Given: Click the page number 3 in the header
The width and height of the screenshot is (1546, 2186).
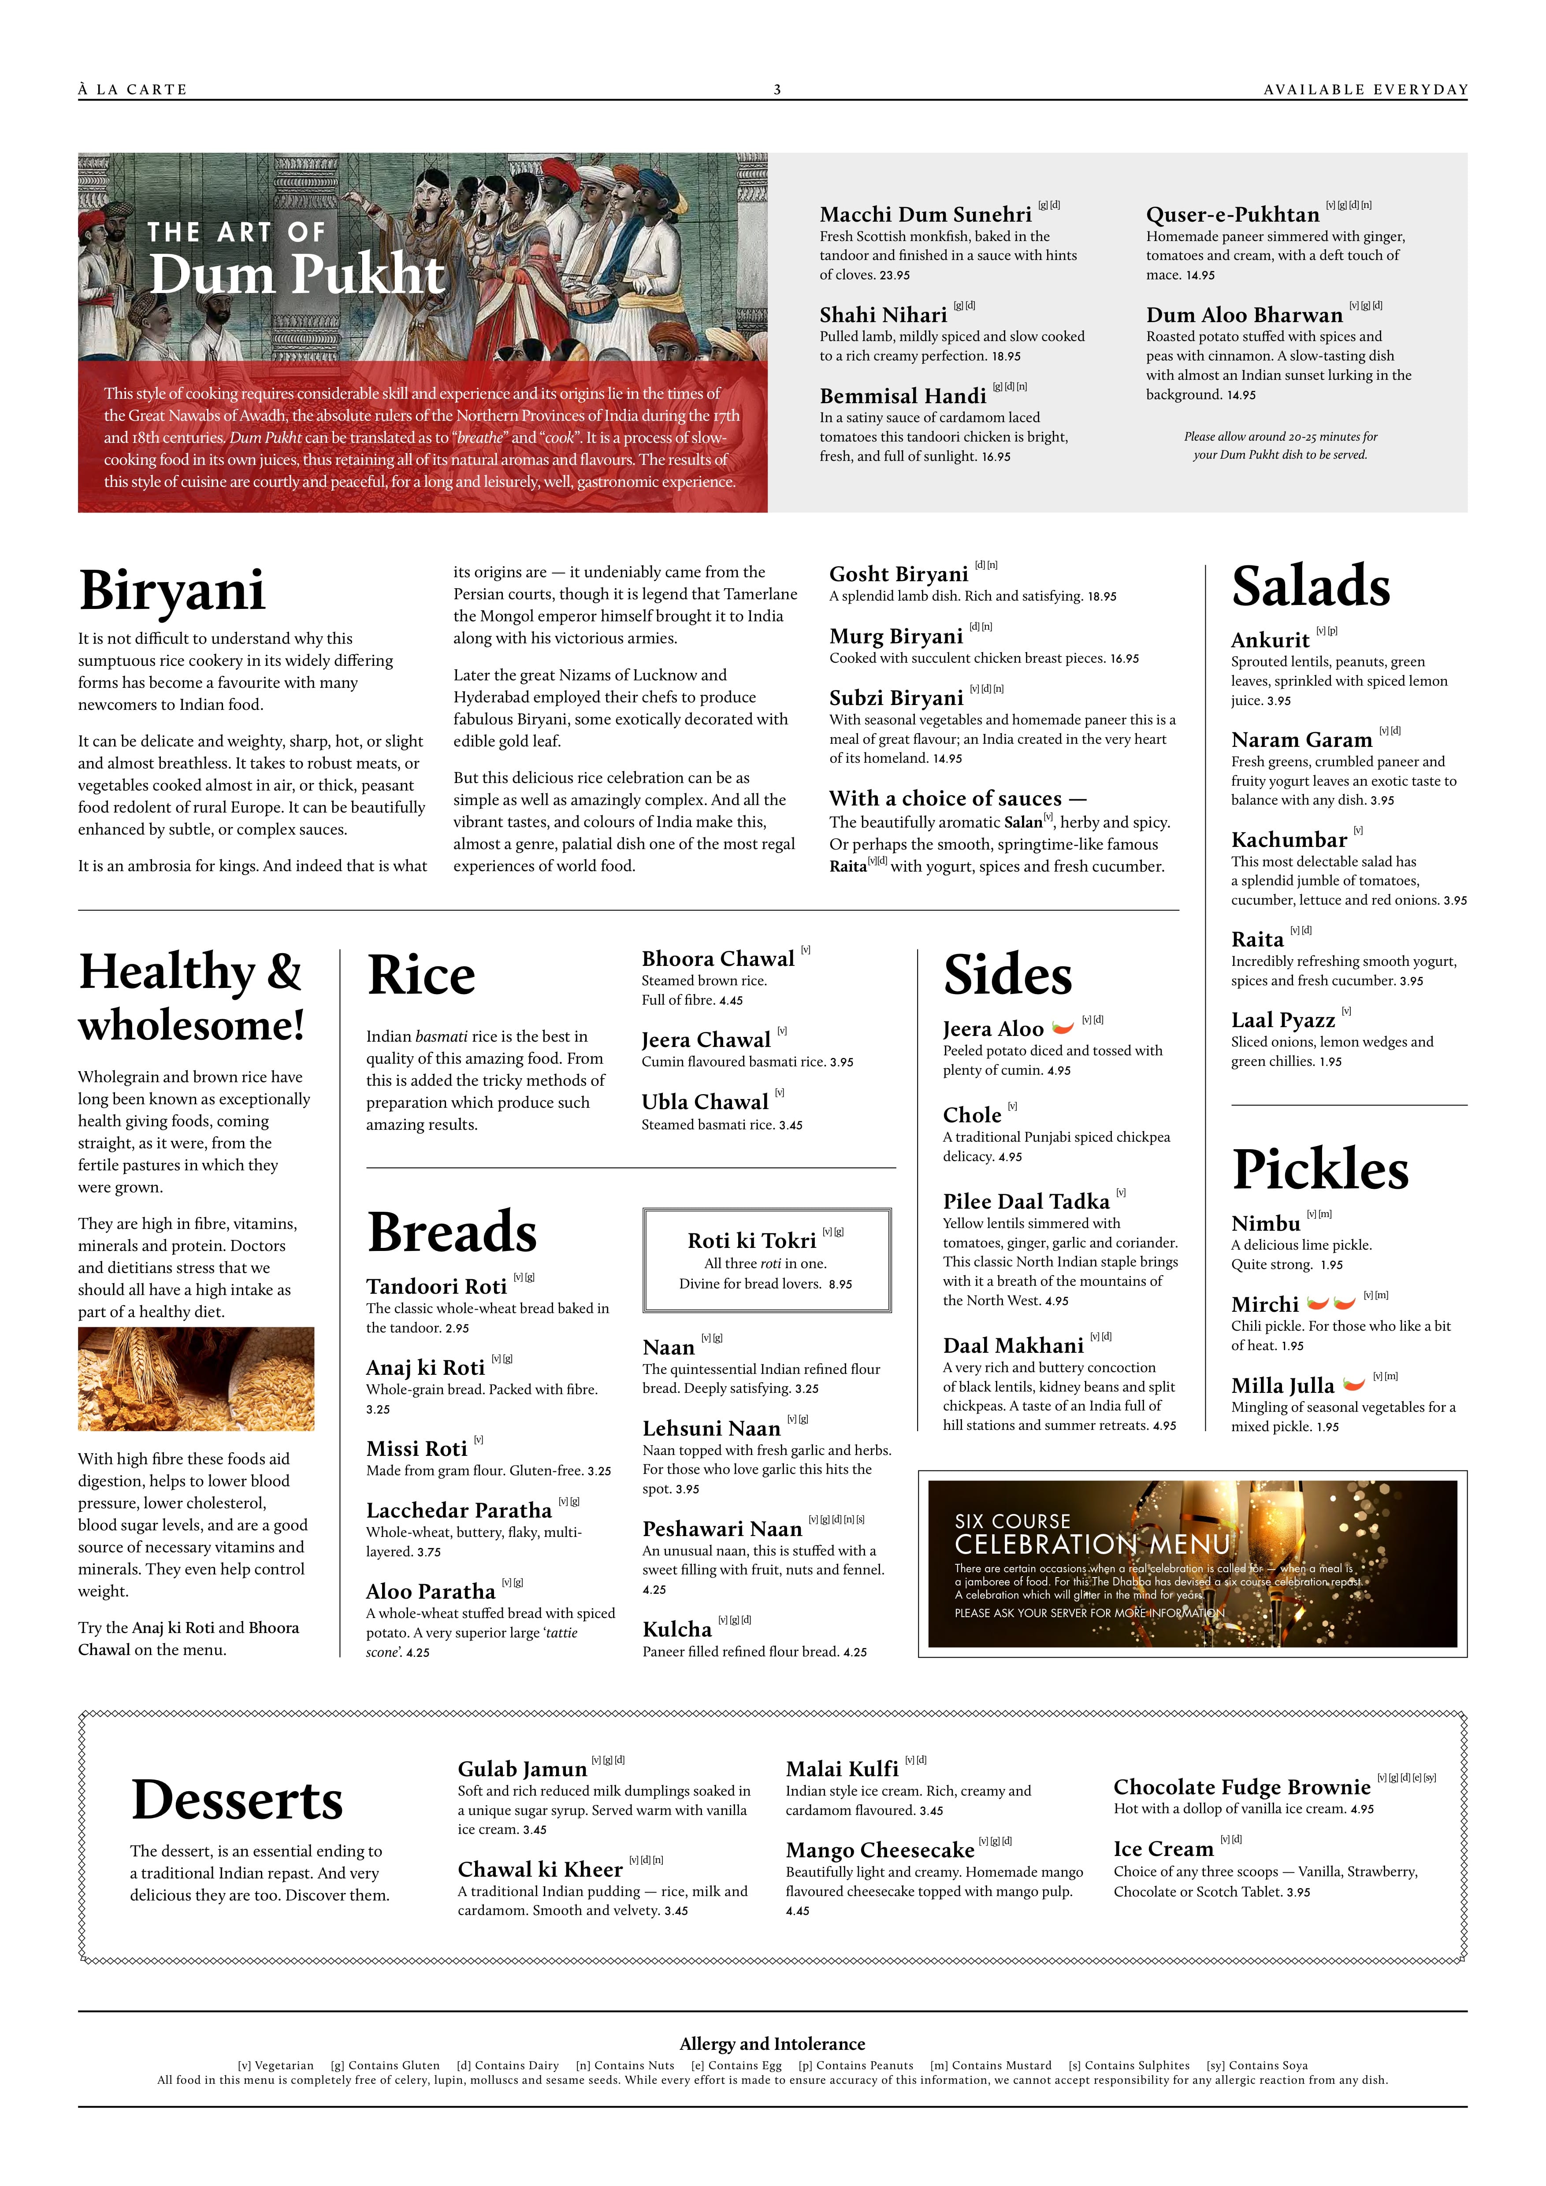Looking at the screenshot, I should (x=777, y=89).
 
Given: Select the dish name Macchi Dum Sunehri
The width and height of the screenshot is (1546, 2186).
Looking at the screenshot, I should (x=925, y=214).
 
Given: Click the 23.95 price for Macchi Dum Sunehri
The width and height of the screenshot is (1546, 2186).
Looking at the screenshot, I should (x=895, y=275).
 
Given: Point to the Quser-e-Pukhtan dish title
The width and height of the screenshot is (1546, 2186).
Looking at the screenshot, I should (x=1232, y=214).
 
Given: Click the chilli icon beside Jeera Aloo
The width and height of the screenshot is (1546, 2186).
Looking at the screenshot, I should (x=1063, y=1027).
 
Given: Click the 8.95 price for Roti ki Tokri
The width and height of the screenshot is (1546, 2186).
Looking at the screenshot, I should (x=840, y=1284).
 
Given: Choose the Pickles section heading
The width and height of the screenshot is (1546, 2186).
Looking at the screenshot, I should (x=1320, y=1170).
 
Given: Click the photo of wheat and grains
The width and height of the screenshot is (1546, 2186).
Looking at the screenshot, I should (x=196, y=1379).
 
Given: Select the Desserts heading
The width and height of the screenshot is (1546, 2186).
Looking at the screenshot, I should (x=237, y=1800).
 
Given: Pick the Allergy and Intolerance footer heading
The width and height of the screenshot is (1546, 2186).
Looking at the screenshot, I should (x=772, y=2044).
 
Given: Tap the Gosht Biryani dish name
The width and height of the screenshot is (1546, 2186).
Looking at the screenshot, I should (x=899, y=574).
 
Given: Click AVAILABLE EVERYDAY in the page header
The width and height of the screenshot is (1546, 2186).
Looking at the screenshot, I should (x=1365, y=89).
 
